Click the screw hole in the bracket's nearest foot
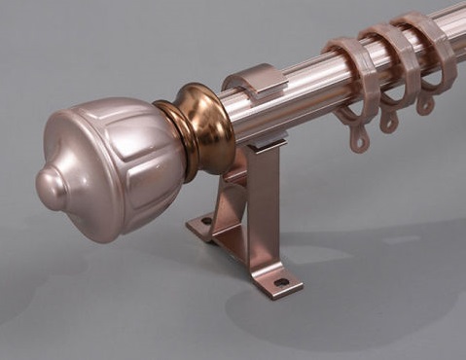(x=281, y=283)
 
